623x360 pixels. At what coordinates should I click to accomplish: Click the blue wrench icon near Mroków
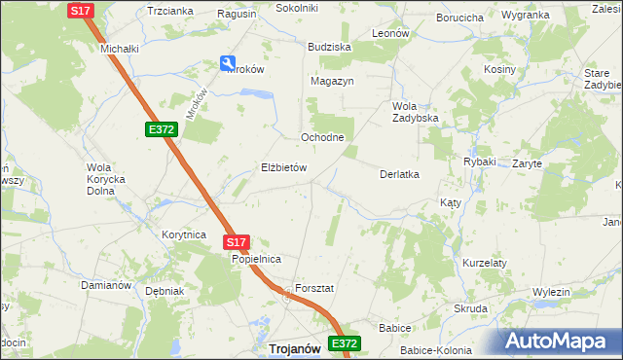pos(230,65)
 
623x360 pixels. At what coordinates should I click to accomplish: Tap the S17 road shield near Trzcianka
pos(82,10)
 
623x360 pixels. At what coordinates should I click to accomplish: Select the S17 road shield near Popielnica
pos(238,242)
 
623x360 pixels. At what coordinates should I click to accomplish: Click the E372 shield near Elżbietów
pos(162,129)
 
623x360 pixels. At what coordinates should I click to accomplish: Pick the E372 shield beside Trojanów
pos(344,343)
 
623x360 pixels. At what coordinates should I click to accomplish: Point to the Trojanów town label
pos(295,348)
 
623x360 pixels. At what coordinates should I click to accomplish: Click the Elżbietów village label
pos(283,167)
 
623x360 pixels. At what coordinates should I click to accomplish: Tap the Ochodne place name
pos(322,137)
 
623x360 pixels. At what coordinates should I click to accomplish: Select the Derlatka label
pos(398,174)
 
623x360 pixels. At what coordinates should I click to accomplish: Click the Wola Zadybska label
pos(416,112)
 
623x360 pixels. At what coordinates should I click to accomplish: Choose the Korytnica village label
pos(184,234)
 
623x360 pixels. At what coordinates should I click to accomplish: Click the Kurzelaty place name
pos(486,263)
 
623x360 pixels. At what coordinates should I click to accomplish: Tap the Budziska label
pos(329,47)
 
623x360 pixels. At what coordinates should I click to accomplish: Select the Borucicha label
pos(460,18)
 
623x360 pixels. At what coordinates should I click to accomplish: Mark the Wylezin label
pos(551,292)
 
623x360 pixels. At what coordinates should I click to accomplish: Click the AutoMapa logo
pos(561,342)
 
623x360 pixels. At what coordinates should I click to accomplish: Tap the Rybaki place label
pos(480,162)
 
